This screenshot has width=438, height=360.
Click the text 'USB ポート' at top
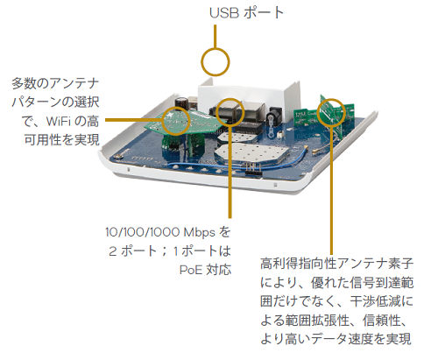(x=247, y=13)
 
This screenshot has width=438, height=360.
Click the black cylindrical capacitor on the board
(x=181, y=103)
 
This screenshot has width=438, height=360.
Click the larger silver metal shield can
(x=251, y=154)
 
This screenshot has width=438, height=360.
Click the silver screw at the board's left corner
(x=118, y=156)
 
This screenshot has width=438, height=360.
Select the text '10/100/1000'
(x=142, y=232)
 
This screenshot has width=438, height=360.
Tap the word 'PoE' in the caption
(x=191, y=270)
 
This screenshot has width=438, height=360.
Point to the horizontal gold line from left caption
(x=133, y=120)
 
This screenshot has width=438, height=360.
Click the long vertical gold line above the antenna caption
(x=331, y=191)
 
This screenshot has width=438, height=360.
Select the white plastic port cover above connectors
(x=249, y=97)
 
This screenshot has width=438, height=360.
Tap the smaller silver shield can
(x=230, y=137)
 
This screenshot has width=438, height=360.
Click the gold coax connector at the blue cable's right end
(x=316, y=152)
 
